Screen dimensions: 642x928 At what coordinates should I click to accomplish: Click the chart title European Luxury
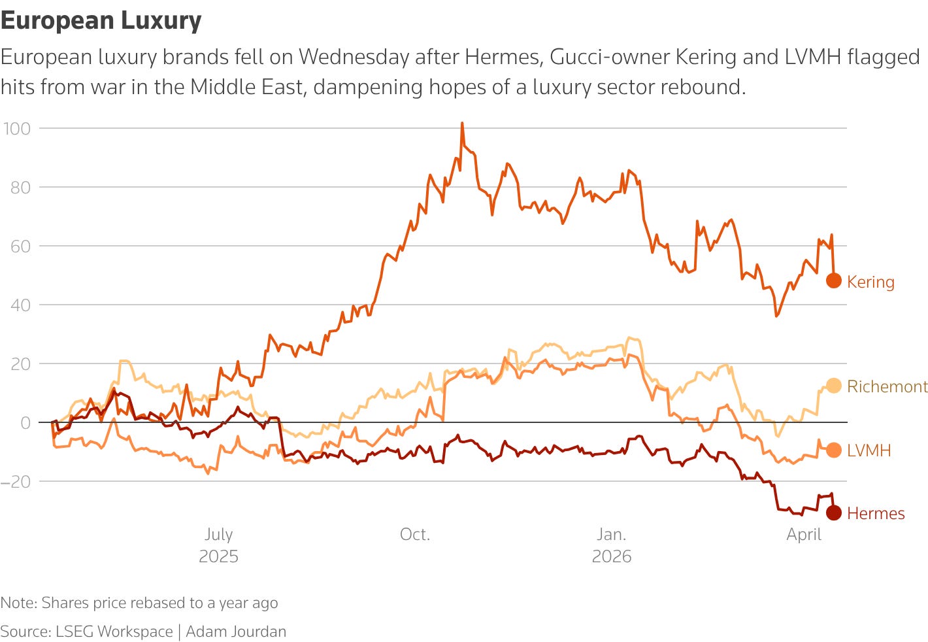tap(101, 21)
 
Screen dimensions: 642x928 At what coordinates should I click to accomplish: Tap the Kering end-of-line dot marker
tap(833, 280)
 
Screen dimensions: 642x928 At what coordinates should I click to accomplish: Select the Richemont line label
tap(887, 386)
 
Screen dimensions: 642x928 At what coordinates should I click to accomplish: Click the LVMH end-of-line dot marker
tap(833, 450)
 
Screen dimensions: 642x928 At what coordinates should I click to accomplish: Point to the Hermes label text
tap(875, 513)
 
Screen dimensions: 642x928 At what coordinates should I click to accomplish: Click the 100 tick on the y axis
tap(17, 128)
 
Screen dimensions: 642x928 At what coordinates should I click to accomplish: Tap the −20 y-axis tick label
tap(16, 481)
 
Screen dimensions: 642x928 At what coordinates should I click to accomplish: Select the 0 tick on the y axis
tap(25, 422)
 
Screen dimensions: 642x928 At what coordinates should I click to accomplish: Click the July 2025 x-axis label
tap(218, 545)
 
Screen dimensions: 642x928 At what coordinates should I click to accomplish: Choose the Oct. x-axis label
tap(415, 534)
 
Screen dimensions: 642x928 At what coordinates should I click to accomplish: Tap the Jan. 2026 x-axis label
tap(612, 545)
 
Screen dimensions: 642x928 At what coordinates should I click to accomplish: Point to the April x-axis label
tap(804, 534)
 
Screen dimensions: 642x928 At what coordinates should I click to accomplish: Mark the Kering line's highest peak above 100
tap(462, 123)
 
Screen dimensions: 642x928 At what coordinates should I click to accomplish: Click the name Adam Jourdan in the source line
tap(236, 631)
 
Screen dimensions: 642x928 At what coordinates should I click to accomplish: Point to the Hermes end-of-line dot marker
tap(833, 513)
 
